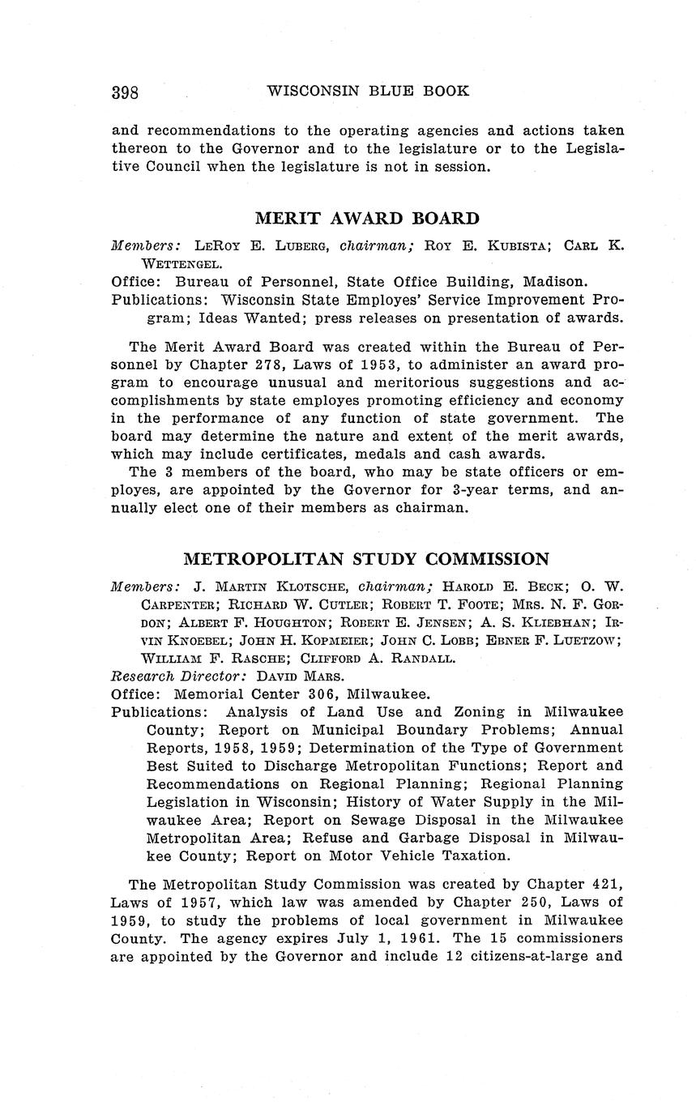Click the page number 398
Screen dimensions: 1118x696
pos(125,92)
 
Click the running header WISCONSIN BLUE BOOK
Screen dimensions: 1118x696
pos(368,91)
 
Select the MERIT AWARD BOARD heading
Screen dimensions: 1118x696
pos(367,218)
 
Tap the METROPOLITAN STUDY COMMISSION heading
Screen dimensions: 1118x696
pos(366,559)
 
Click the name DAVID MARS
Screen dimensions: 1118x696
pos(291,676)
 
